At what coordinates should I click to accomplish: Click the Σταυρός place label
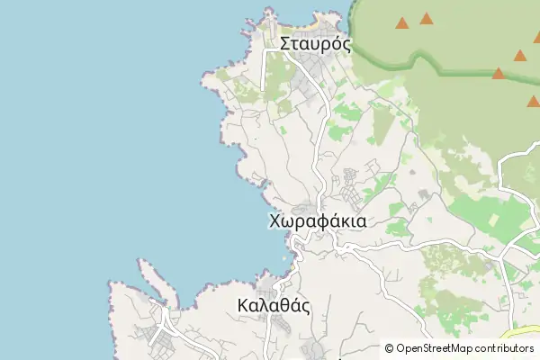click(314, 43)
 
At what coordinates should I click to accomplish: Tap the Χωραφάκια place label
click(317, 220)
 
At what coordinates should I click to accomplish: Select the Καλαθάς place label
click(274, 305)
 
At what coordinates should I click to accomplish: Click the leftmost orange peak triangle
click(401, 22)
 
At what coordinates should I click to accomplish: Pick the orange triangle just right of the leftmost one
click(426, 18)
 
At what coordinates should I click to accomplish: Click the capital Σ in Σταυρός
click(285, 43)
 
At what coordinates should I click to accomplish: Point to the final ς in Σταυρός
click(346, 45)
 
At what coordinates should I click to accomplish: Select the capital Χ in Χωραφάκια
click(275, 220)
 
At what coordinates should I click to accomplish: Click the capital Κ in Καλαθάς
click(244, 305)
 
